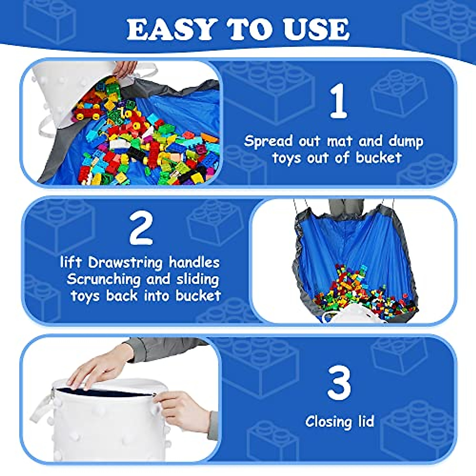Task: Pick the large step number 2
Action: [141, 229]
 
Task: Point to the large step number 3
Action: [339, 383]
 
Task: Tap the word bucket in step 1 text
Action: [379, 158]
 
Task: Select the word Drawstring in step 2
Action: [125, 263]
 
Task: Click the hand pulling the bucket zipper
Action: [182, 409]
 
